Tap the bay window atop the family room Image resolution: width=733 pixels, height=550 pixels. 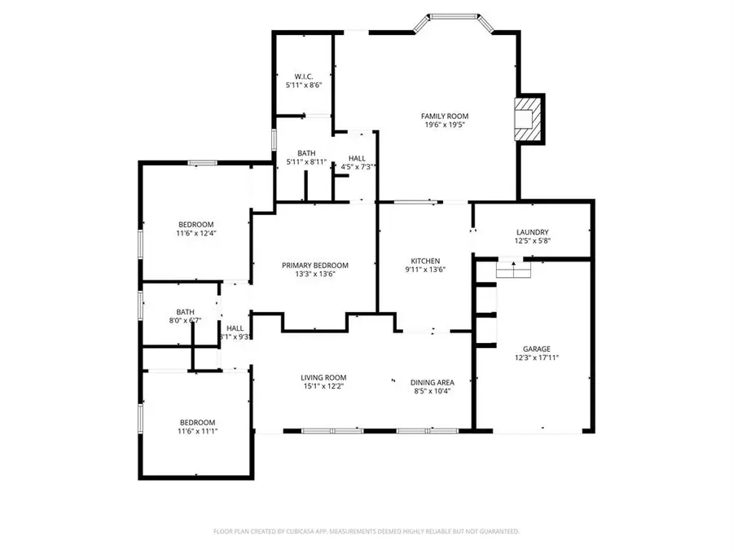[453, 15]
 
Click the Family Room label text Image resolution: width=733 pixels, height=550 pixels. [444, 117]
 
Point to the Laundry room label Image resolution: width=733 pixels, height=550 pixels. [532, 231]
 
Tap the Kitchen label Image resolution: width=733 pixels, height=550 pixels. [425, 261]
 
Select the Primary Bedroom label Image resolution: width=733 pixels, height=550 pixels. [314, 266]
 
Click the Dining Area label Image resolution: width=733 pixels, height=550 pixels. [432, 382]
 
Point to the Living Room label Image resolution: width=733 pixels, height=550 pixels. [323, 377]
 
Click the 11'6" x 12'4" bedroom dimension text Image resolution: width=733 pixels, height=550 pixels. [195, 233]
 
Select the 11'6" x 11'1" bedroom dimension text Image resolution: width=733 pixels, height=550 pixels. [197, 431]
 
